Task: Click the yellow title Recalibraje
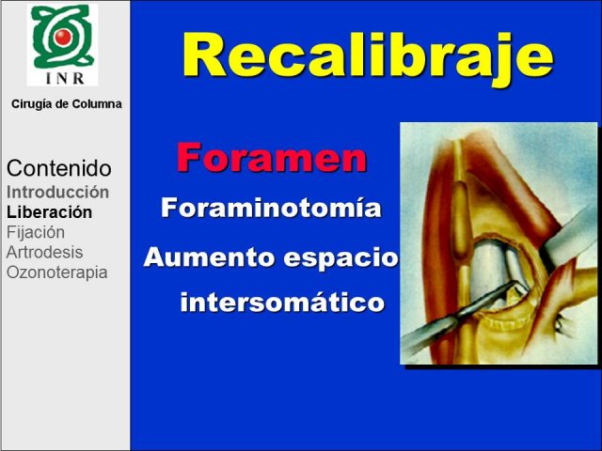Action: (368, 56)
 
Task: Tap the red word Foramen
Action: (272, 157)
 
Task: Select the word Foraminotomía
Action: (271, 208)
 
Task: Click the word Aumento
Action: (209, 257)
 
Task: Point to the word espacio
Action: (341, 259)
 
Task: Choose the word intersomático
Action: (282, 302)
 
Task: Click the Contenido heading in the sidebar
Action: (59, 168)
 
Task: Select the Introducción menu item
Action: (57, 192)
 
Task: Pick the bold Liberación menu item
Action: (49, 212)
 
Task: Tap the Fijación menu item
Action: (36, 233)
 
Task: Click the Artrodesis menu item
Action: (44, 253)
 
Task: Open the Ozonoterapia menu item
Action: (56, 272)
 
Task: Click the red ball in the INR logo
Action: (63, 37)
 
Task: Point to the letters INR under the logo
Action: (65, 78)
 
